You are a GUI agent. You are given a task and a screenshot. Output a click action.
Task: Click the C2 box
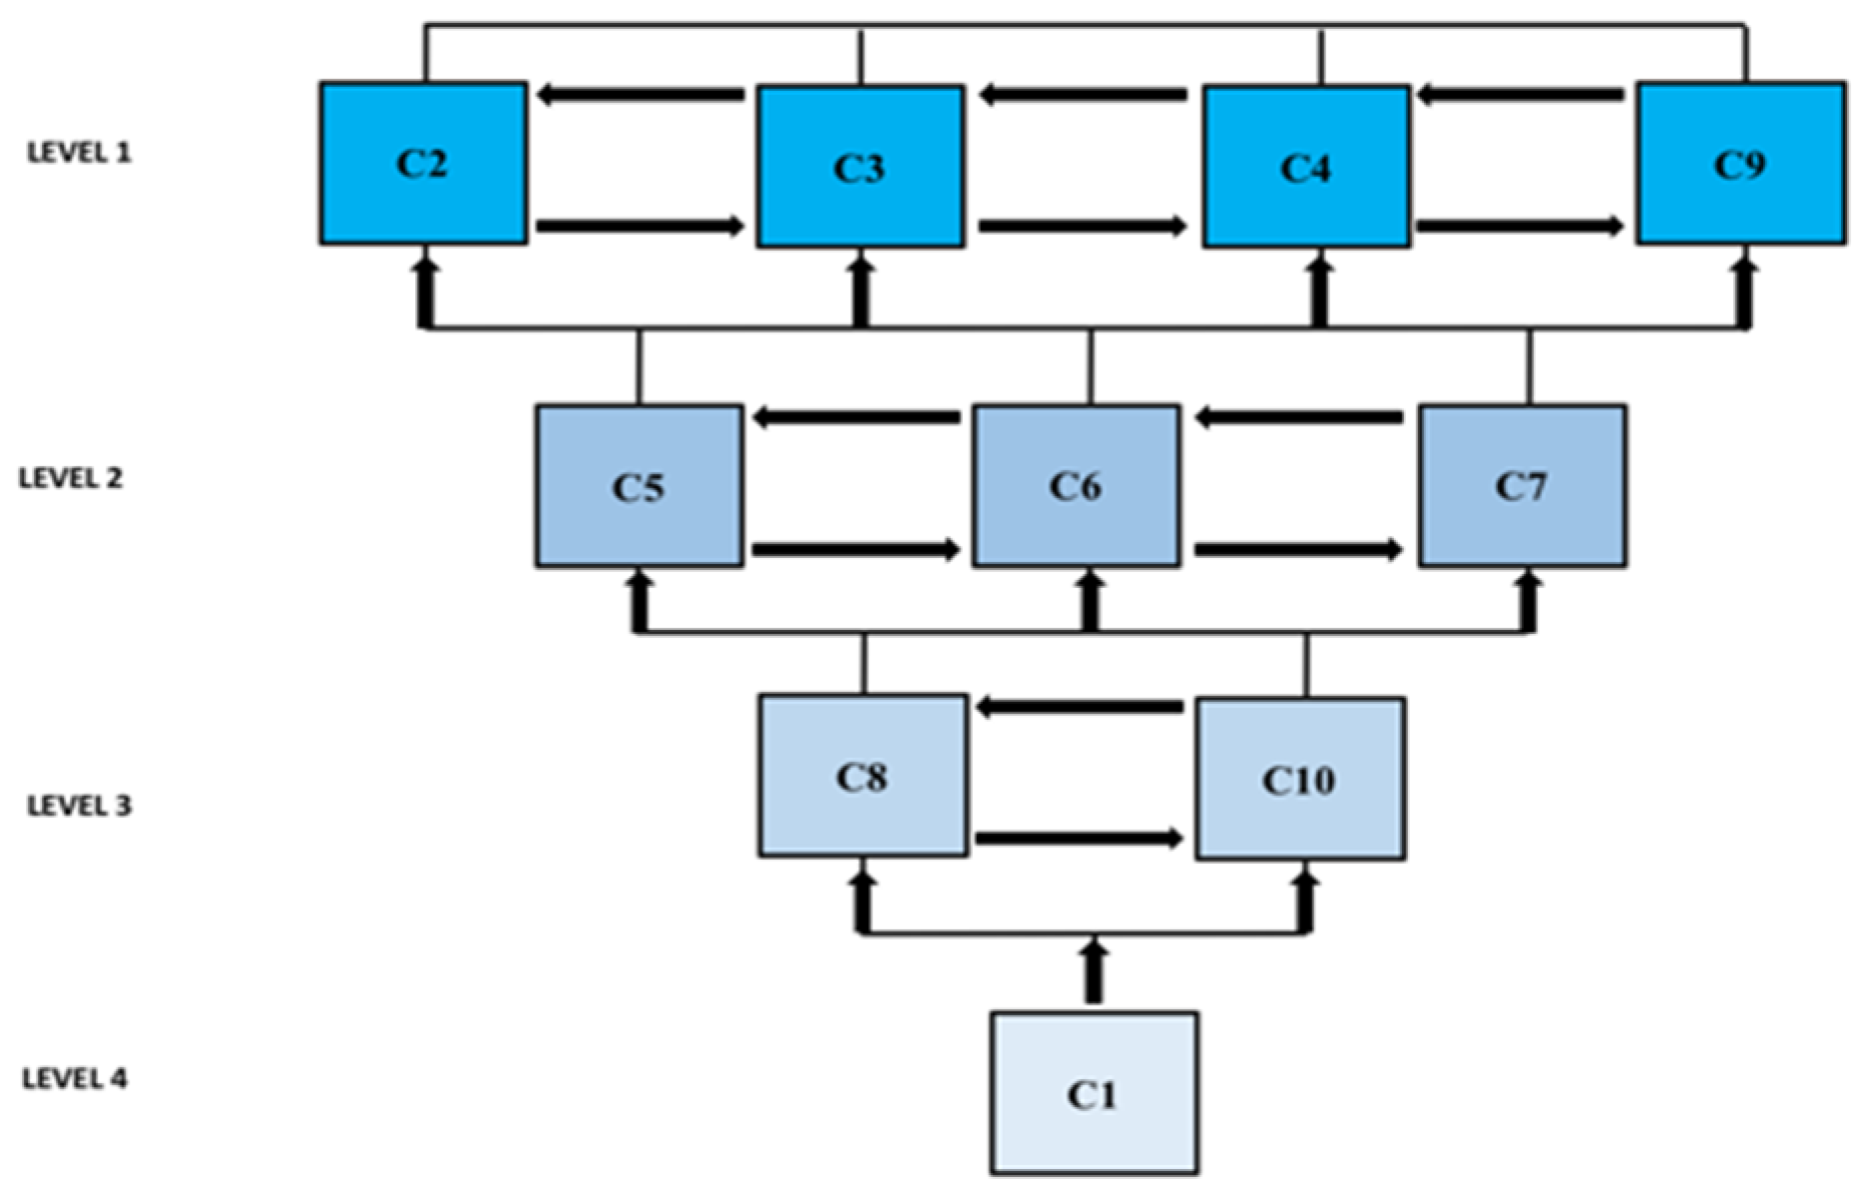pos(423,163)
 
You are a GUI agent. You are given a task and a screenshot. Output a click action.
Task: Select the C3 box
pos(860,167)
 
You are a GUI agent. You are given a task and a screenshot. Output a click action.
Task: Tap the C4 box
pos(1306,167)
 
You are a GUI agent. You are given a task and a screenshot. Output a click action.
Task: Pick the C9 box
pos(1741,164)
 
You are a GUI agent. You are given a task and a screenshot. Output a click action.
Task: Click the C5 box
pos(639,486)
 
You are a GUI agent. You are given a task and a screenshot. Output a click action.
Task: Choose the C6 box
pos(1076,486)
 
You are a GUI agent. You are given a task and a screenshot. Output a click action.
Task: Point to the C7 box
pos(1523,486)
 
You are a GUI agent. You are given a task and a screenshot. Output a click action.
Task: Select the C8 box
pos(862,776)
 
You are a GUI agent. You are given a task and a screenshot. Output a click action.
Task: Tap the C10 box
pos(1300,779)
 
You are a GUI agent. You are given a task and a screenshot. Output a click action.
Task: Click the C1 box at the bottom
pos(1094,1093)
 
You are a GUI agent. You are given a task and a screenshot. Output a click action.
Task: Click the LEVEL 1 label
pos(79,153)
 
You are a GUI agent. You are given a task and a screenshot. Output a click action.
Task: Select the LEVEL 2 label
pos(71,478)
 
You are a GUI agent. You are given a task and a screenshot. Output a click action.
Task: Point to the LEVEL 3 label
pos(79,806)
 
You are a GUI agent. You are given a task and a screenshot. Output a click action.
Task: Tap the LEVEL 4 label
pos(75,1079)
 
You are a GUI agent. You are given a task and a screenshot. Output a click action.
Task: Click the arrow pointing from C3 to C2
pos(641,95)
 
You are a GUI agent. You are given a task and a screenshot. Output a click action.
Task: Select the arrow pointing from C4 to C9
pos(1520,227)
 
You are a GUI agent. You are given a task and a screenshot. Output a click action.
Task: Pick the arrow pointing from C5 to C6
pos(856,549)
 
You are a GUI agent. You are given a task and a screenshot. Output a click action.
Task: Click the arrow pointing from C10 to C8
pos(1080,708)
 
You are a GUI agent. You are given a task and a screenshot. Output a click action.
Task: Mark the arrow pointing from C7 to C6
pos(1298,417)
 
